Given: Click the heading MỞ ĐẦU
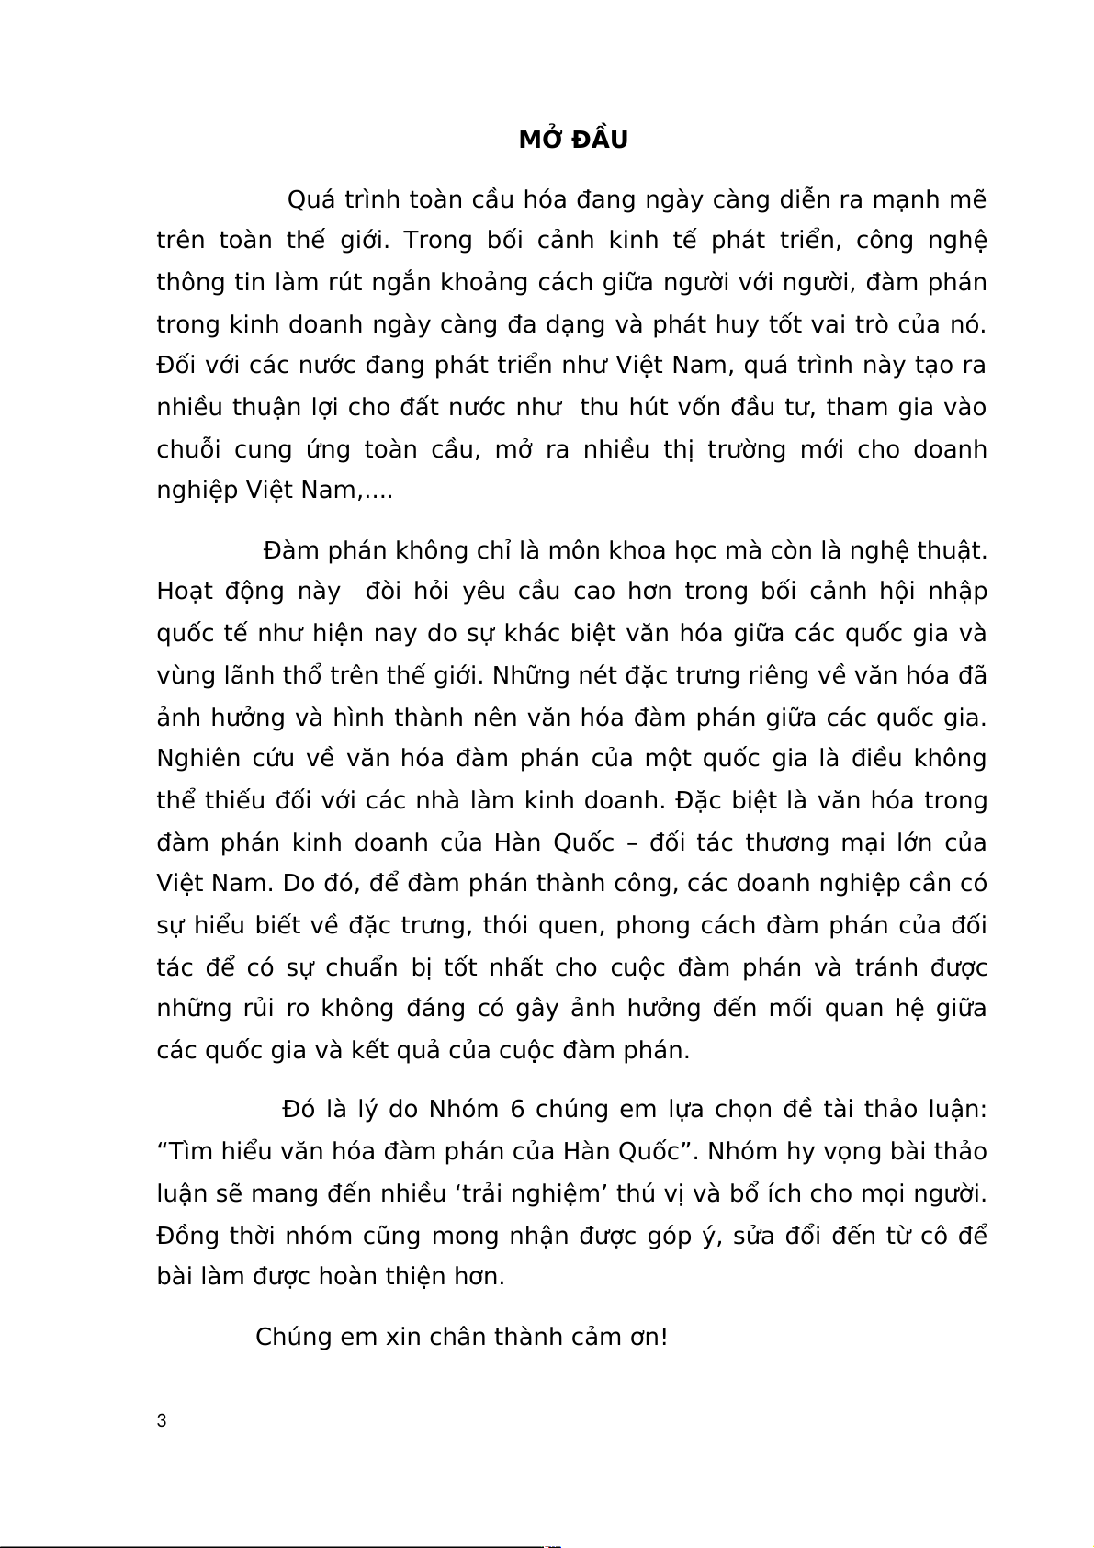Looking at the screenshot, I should [x=573, y=140].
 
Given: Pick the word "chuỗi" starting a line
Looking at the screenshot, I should [x=188, y=449].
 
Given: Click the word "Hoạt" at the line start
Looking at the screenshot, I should [x=184, y=592].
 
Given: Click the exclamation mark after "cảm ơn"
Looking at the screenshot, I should [x=663, y=1336].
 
